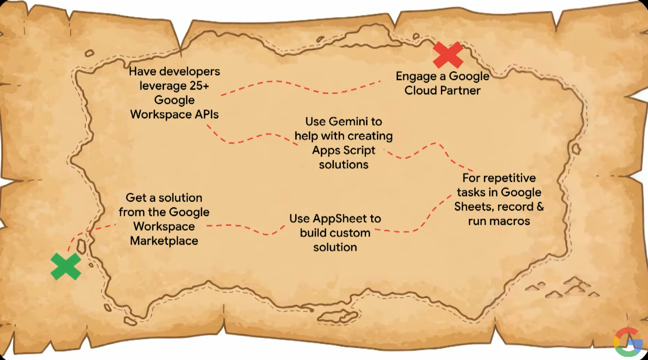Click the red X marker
coord(447,55)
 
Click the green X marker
coord(66,266)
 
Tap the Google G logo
coord(628,342)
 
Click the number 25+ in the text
coord(204,85)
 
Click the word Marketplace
coord(164,241)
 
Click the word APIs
coord(205,114)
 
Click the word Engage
coord(416,76)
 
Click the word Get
coord(135,198)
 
